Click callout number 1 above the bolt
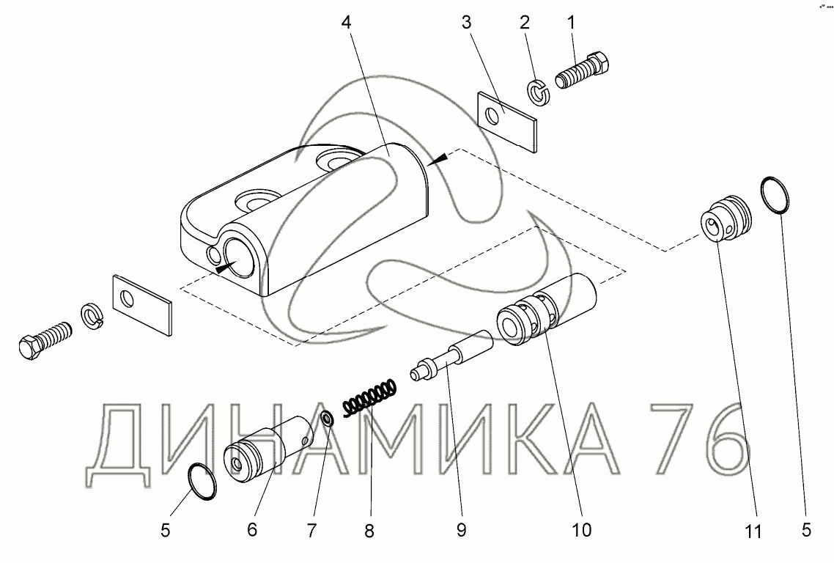[x=571, y=23]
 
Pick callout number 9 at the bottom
[x=461, y=529]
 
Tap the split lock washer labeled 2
[x=537, y=92]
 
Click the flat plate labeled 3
[x=506, y=120]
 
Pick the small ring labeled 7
[x=327, y=419]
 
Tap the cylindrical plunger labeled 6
[x=270, y=448]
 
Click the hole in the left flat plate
[x=129, y=299]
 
